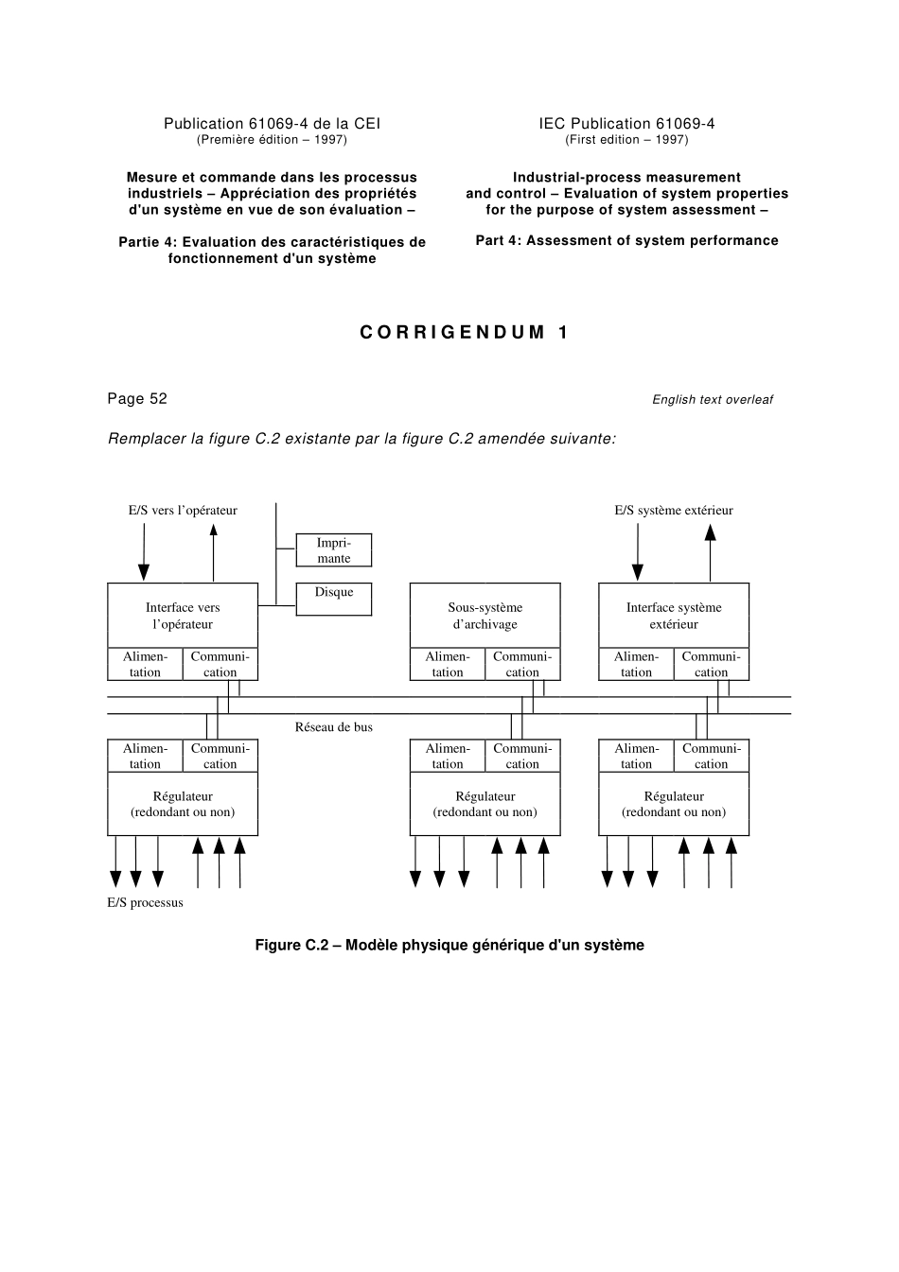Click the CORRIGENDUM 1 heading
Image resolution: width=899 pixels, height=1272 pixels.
coord(465,332)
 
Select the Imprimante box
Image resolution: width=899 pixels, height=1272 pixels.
coord(333,550)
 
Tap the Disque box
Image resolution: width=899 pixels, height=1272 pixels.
coord(333,599)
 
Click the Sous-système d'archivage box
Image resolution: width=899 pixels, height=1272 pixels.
coord(485,616)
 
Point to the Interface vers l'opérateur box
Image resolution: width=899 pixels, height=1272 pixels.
coord(183,616)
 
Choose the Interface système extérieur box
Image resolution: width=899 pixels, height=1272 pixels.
coord(673,616)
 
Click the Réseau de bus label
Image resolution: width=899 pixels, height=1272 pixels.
coord(333,727)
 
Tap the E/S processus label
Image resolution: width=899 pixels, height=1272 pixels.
coord(145,902)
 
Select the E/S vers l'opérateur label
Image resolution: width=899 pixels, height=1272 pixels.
coord(183,511)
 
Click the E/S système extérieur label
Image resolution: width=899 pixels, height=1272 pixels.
coord(673,511)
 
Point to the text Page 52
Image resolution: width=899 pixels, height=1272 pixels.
coord(137,398)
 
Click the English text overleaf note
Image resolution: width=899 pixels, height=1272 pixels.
coord(712,400)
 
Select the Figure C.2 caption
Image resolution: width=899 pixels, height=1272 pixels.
coord(449,945)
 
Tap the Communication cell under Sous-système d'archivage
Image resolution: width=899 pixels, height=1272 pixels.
coord(521,664)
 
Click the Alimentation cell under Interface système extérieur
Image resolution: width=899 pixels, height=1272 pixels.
coord(636,664)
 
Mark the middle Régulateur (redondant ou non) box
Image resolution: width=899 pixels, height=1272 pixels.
coord(485,804)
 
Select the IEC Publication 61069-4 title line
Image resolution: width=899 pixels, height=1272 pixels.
coord(626,124)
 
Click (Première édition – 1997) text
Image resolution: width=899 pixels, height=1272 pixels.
coord(272,140)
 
